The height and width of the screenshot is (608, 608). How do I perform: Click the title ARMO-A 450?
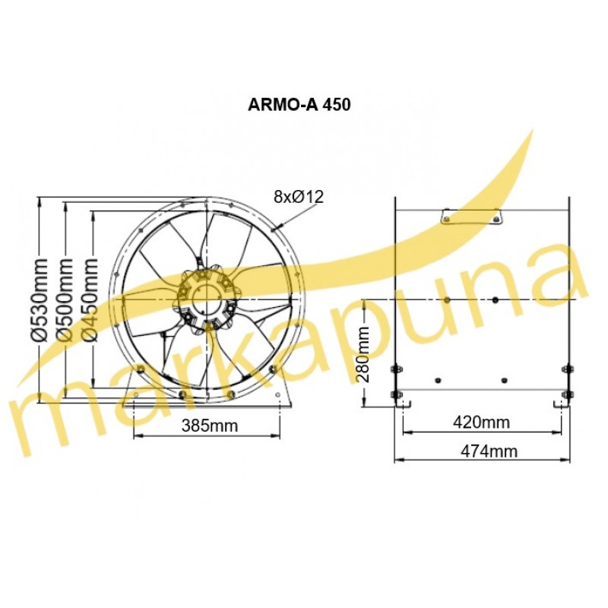click(x=299, y=104)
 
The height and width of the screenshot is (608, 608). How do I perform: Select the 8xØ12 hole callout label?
click(x=298, y=197)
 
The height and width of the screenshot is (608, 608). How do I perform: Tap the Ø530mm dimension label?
click(x=40, y=299)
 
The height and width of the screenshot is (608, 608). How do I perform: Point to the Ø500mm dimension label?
click(x=65, y=299)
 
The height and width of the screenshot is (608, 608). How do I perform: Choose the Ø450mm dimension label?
click(x=91, y=299)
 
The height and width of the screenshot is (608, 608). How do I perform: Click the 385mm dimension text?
click(x=210, y=426)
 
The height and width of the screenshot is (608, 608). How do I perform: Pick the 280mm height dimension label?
click(x=363, y=354)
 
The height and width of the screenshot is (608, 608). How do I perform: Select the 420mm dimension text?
click(x=482, y=422)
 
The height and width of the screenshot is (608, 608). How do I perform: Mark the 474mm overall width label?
click(x=489, y=451)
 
